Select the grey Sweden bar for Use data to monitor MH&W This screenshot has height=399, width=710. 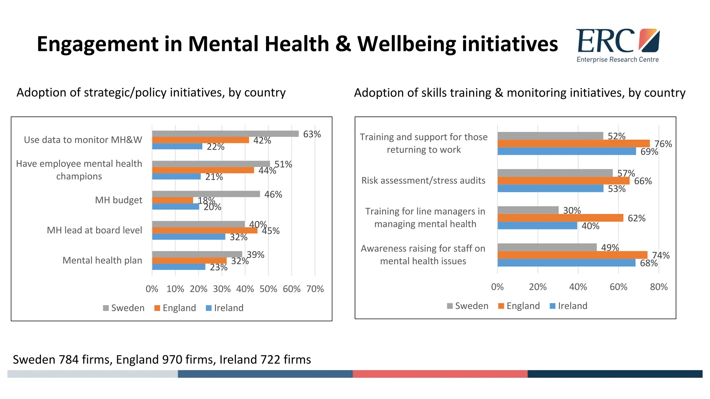[225, 134]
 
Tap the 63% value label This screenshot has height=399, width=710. [312, 134]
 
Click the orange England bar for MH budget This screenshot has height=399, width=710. [172, 200]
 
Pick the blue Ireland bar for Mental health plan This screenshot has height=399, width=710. [179, 267]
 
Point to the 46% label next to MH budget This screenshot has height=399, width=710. [273, 195]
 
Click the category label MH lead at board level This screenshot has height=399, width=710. [94, 230]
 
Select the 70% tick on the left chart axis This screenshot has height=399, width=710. [315, 289]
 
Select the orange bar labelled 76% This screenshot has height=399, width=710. [573, 143]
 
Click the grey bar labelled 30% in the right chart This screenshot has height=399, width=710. [528, 210]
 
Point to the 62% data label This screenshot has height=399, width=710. [637, 218]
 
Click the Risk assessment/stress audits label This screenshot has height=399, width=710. [423, 180]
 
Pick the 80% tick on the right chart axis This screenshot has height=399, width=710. [659, 287]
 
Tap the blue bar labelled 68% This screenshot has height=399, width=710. [566, 263]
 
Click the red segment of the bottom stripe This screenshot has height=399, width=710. [440, 374]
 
